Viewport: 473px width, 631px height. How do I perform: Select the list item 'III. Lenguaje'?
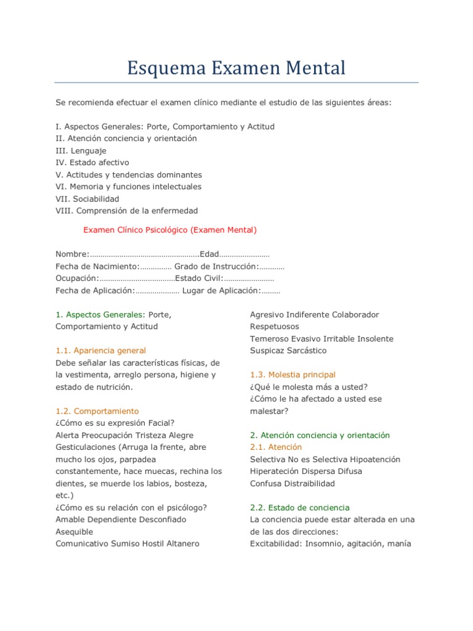(81, 150)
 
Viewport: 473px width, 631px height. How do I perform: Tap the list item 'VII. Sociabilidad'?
(87, 199)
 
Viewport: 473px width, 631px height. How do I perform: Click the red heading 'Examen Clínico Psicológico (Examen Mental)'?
(170, 230)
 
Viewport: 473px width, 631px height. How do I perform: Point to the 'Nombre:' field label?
(73, 254)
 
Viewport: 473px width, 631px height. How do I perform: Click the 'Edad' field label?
(209, 254)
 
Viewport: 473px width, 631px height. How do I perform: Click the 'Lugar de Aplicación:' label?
(222, 290)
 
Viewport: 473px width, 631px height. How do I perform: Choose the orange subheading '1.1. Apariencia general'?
(101, 351)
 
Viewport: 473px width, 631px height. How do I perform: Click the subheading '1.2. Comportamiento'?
(97, 411)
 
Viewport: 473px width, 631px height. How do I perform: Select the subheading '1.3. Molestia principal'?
(293, 375)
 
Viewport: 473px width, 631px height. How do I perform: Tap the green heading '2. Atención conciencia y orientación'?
(320, 435)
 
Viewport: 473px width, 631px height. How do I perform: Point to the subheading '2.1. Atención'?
(276, 447)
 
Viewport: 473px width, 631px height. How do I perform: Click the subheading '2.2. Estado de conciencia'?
(299, 508)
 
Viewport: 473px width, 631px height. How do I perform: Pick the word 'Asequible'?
(75, 532)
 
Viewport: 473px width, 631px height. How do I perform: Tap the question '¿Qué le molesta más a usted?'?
(309, 387)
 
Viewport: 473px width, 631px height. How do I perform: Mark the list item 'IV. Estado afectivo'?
(92, 163)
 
